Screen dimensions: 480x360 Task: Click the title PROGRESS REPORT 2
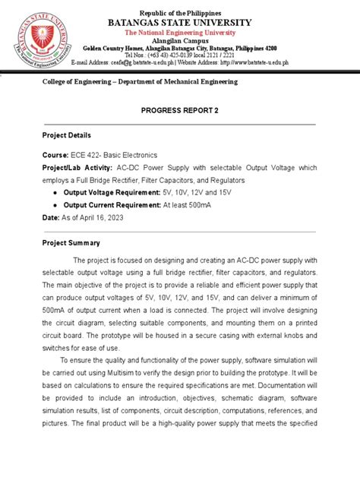180,110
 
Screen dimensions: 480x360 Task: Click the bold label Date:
50,218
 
